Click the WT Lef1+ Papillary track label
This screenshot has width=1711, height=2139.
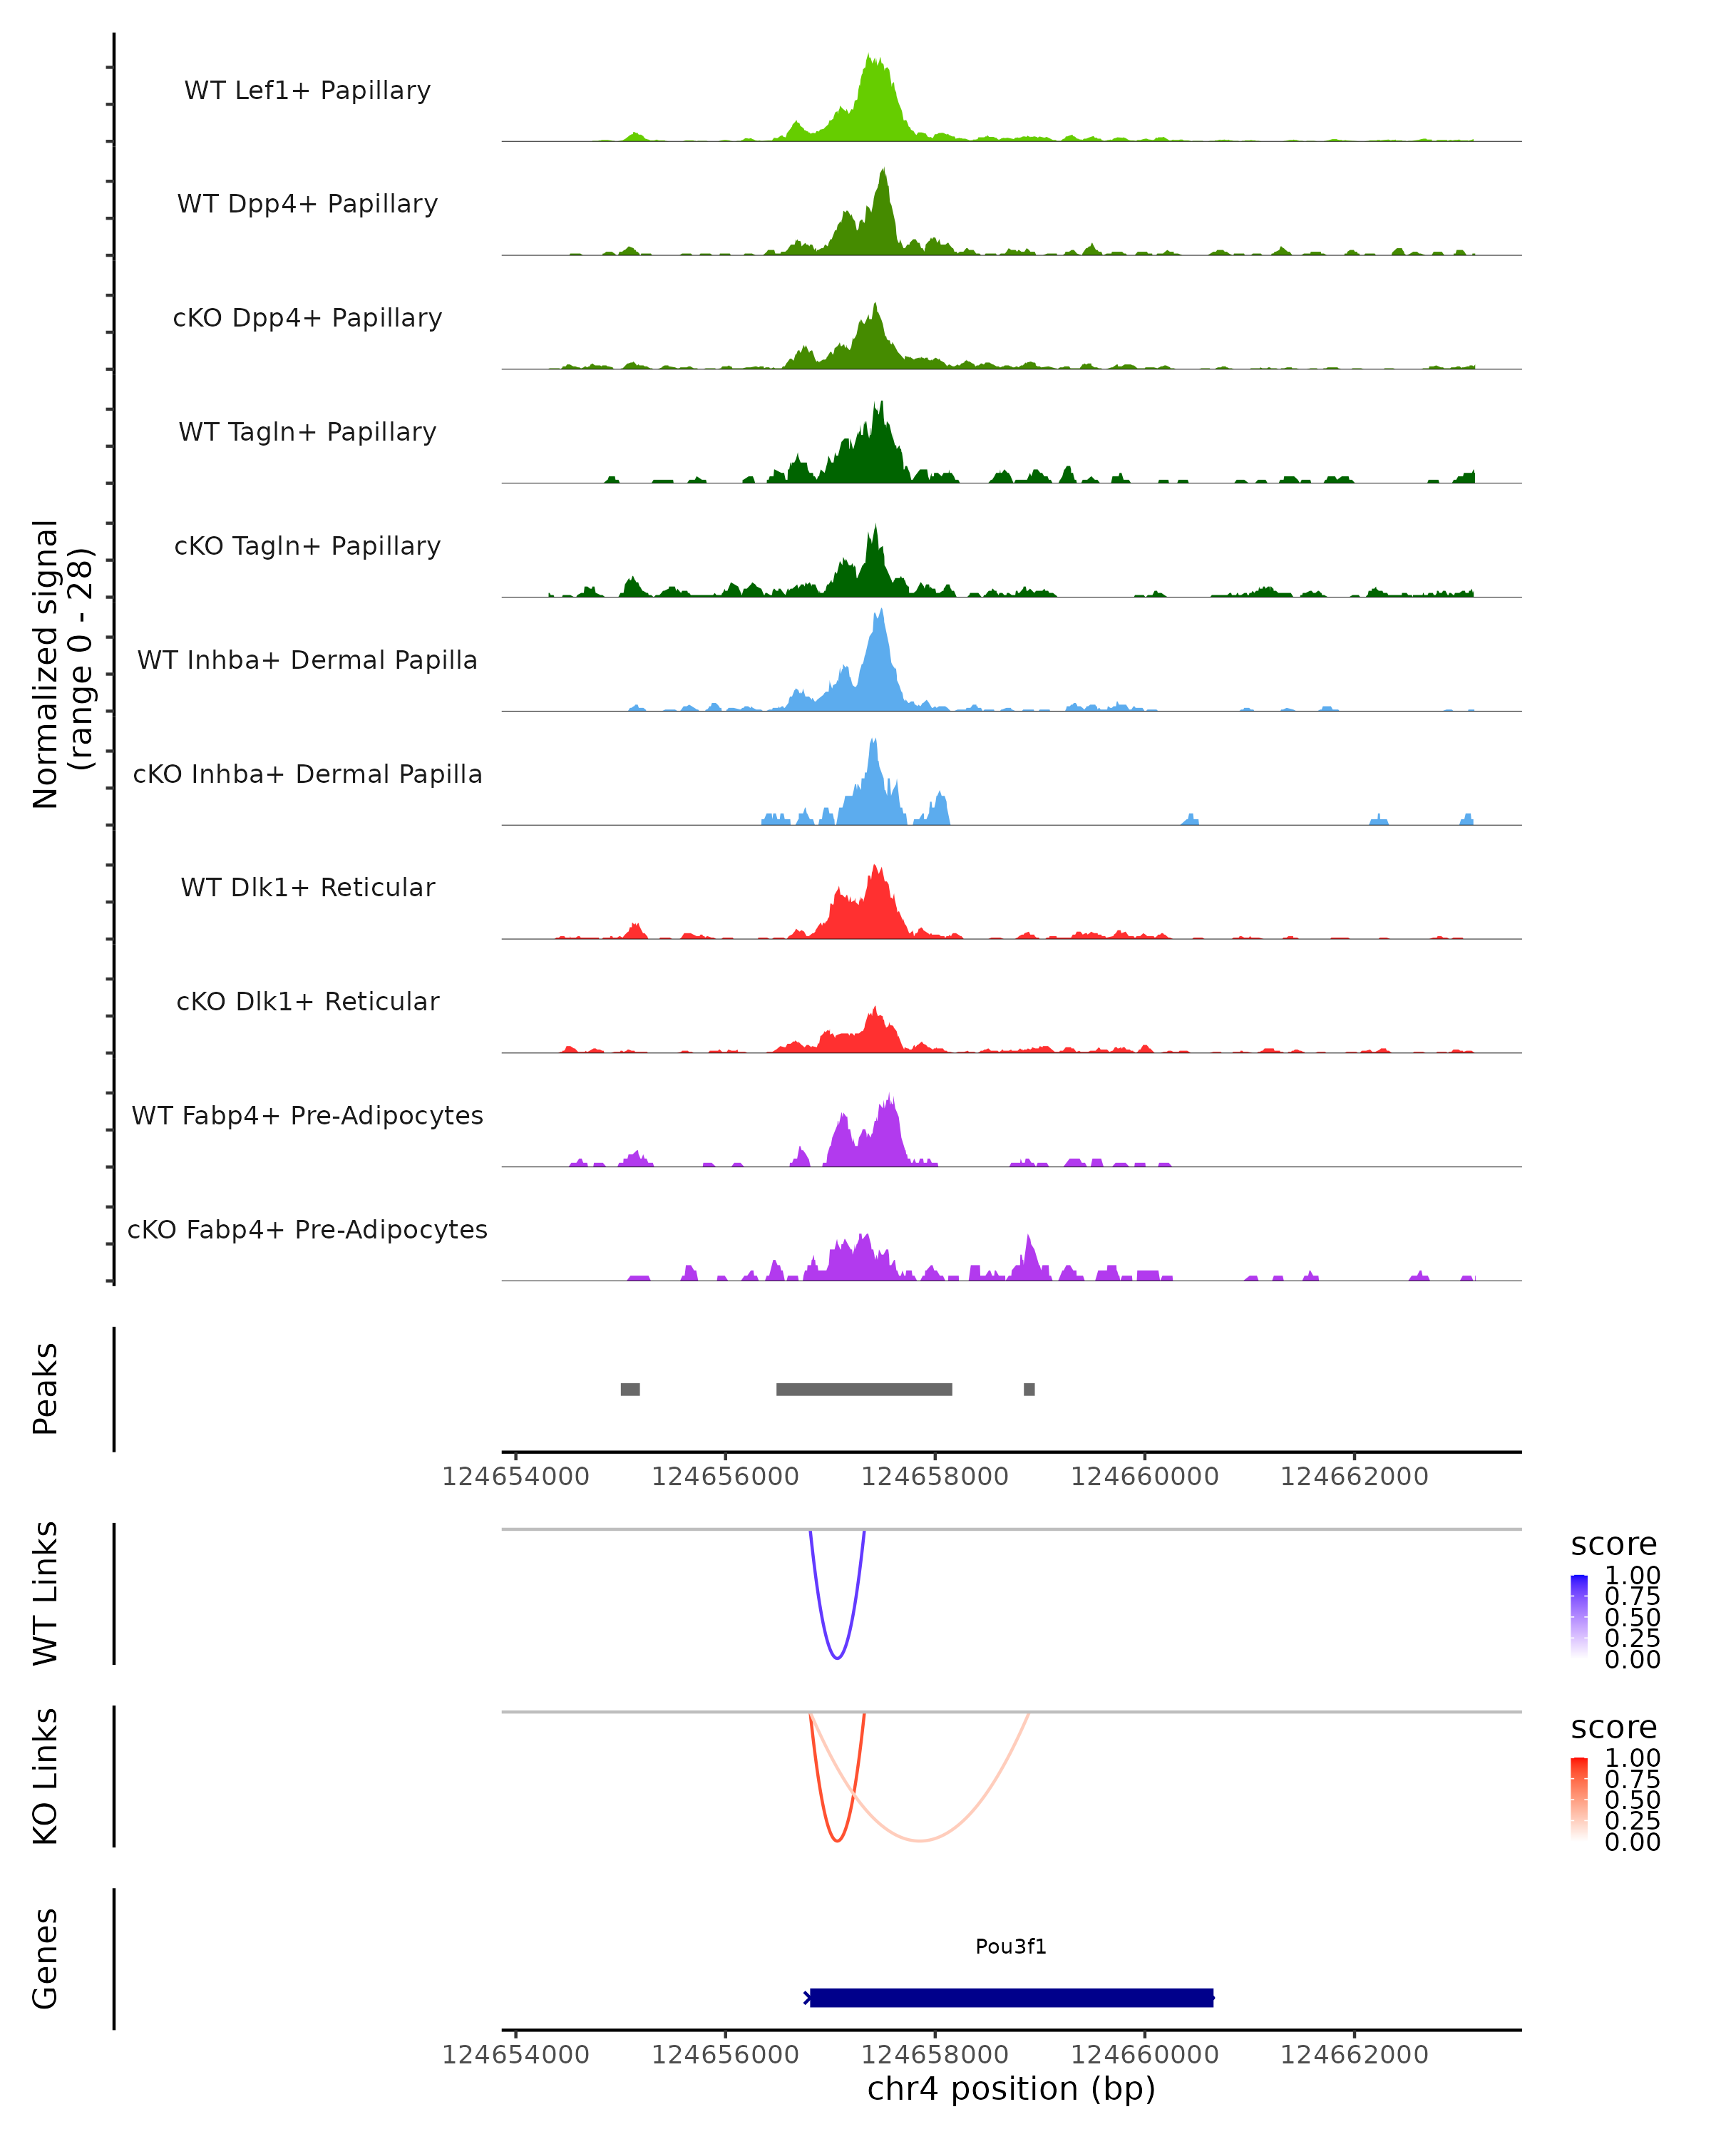307,91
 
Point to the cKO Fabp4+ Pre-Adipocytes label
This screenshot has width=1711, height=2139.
307,1229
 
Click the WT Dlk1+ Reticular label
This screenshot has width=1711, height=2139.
307,887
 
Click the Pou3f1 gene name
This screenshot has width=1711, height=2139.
1011,1946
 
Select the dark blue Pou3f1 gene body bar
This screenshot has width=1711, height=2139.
1012,1997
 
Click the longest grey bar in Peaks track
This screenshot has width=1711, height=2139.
864,1389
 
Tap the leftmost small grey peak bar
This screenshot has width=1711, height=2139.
630,1389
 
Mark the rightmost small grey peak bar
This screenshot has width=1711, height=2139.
1029,1389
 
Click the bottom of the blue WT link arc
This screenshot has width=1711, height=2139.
837,1658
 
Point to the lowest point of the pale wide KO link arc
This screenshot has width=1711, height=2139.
920,1840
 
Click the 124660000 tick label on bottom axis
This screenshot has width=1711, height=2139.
1145,2053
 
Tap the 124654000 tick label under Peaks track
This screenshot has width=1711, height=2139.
515,1477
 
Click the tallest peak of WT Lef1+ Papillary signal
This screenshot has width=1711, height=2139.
870,58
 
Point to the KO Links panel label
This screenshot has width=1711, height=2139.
46,1776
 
